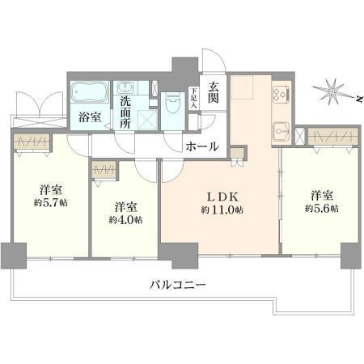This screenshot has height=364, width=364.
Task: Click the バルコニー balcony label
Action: point(178,285)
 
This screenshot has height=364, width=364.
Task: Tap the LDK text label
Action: point(220,195)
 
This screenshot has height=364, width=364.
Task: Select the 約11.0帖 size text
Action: point(221,210)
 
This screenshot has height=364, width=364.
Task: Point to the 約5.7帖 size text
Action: point(49,205)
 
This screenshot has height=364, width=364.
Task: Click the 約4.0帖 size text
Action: point(125,219)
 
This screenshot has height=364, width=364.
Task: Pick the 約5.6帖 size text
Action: point(321,209)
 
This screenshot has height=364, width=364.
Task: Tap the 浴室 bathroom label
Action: point(90,117)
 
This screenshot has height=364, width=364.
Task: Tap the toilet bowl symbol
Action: point(171,104)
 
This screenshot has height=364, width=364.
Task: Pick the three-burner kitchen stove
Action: point(281,93)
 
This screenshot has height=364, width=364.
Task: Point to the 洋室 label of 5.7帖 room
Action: point(49,191)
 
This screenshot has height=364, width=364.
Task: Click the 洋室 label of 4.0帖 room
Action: point(125,205)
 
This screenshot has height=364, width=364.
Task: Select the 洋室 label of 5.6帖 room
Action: point(321,195)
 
